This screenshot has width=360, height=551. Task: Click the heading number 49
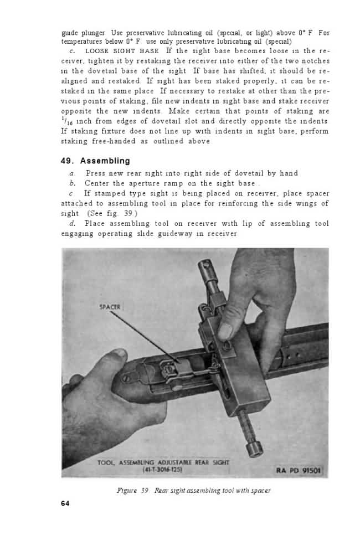coord(68,161)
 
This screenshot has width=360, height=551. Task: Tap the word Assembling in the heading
coord(105,161)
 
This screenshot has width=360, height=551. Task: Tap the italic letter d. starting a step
coord(72,223)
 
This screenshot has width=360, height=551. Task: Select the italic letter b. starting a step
coord(72,183)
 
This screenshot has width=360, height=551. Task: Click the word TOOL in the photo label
coord(106,462)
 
